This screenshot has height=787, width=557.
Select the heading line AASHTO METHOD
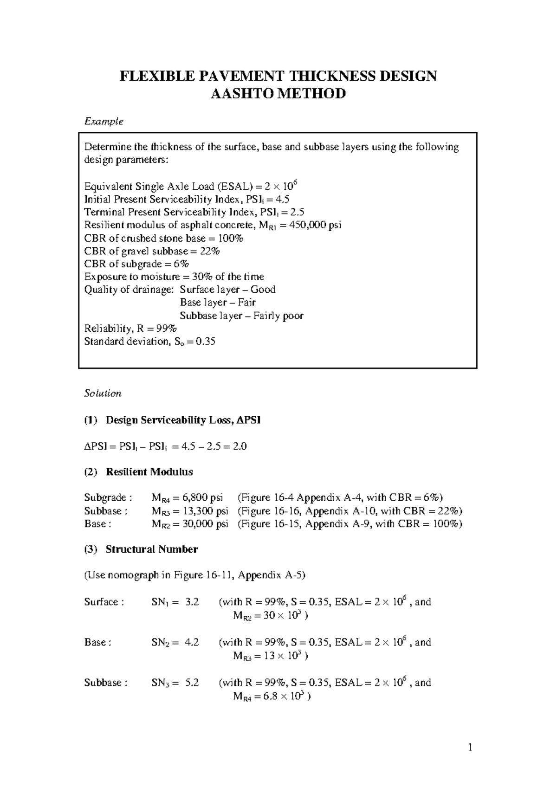278,94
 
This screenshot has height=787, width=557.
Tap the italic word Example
104,121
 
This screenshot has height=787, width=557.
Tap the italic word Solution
103,393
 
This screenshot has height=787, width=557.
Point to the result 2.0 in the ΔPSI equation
240,446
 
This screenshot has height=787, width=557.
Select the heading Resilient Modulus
149,472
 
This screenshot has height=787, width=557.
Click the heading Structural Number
151,549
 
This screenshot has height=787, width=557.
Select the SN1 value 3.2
192,602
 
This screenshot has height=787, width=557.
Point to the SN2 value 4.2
192,642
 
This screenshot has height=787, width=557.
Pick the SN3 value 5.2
192,683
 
